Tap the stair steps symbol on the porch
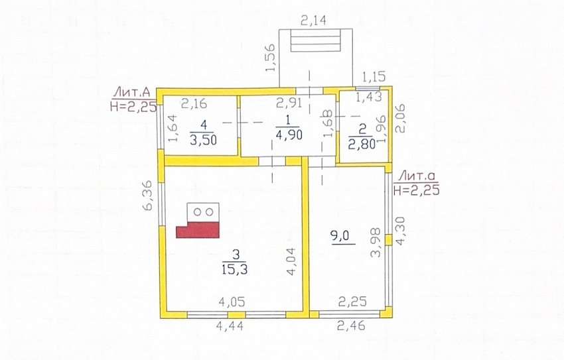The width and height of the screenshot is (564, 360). coord(315,40)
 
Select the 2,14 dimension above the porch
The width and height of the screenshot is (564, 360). coord(313,20)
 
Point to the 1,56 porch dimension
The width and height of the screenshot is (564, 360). coord(271,58)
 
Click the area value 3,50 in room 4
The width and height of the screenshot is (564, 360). coord(203,139)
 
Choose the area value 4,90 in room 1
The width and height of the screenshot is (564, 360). coord(289,135)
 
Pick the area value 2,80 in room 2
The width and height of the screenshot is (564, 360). coord(362,143)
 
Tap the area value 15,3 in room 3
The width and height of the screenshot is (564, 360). coord(234,269)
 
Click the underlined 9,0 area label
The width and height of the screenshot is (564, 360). coord(340,236)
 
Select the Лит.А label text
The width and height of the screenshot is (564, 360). coord(131,93)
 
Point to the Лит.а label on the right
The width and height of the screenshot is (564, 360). coord(417,176)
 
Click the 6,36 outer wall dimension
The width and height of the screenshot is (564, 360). coord(147,196)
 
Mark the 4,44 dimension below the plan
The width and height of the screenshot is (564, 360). coord(230,326)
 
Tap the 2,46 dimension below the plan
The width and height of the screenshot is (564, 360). coord(351,326)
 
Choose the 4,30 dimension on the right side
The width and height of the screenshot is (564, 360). coord(400,231)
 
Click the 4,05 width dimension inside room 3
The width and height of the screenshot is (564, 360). coord(232,302)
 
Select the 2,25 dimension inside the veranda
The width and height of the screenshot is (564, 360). coord(353,302)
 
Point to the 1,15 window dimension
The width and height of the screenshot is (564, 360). coord(374,76)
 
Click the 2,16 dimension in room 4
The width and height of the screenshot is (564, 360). coord(194,103)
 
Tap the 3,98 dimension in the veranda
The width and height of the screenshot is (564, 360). coord(375,243)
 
